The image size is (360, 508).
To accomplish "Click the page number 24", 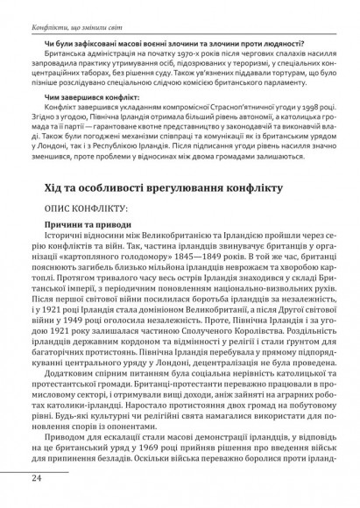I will coord(37,477).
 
